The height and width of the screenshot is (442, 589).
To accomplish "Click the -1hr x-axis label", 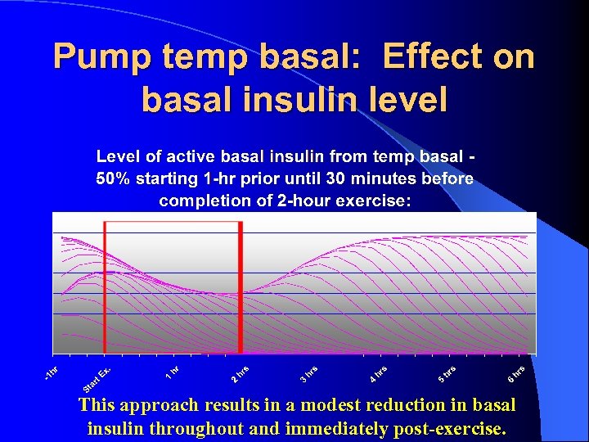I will pos(52,372).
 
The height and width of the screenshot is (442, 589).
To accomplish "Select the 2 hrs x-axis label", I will pos(239,373).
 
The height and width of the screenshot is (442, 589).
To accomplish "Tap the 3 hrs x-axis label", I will pos(308,373).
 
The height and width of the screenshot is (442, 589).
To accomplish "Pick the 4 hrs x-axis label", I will pos(377,373).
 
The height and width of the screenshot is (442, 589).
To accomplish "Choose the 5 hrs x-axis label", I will pos(446,373).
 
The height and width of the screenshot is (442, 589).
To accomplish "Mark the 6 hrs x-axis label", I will pos(515,373).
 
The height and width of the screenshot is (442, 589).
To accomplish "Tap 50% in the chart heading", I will pos(115,178).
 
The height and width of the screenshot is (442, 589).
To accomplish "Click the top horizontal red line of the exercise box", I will pos(173,222).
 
